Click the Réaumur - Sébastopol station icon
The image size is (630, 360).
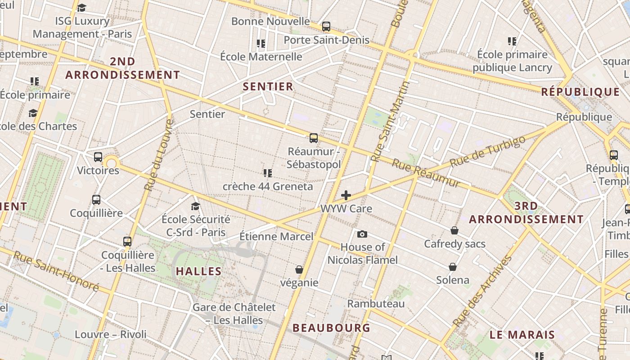click(x=314, y=138)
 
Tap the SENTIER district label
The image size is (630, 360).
click(x=268, y=86)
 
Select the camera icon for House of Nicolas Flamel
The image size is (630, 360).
click(x=362, y=234)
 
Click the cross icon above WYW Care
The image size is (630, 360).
click(x=346, y=195)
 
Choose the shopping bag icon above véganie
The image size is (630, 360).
click(x=299, y=270)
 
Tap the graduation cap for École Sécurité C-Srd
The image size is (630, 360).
click(x=195, y=206)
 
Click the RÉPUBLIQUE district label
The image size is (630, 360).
click(x=580, y=92)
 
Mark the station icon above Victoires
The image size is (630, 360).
click(x=98, y=157)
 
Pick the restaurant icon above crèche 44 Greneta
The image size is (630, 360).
click(x=268, y=173)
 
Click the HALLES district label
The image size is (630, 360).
click(x=198, y=271)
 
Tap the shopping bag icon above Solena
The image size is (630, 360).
click(x=453, y=267)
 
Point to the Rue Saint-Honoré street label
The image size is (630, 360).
click(x=56, y=271)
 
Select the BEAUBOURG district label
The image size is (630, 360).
click(x=331, y=328)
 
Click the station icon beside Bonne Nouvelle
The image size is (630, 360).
click(x=326, y=27)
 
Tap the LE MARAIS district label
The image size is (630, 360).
click(x=522, y=335)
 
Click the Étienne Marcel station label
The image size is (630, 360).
click(x=276, y=236)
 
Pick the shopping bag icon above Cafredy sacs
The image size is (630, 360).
click(x=454, y=230)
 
